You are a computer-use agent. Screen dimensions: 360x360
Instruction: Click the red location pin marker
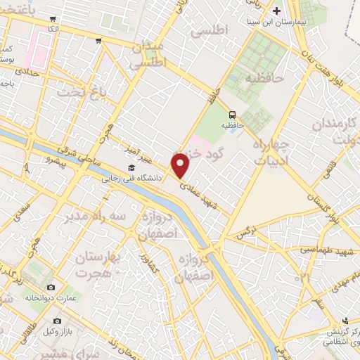click(x=181, y=166)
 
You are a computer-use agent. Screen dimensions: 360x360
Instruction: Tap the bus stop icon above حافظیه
click(x=232, y=115)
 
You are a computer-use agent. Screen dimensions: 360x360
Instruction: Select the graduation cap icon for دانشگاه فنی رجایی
click(x=131, y=168)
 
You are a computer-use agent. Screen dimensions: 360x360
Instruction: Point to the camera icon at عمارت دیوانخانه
click(x=50, y=287)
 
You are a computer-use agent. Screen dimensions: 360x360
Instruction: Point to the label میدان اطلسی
click(x=148, y=55)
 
